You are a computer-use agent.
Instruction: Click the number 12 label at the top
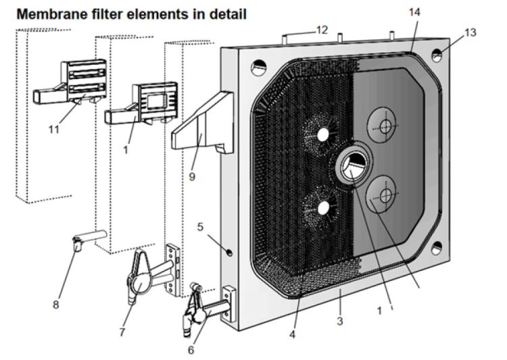click(322, 30)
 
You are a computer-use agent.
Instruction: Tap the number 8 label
click(55, 305)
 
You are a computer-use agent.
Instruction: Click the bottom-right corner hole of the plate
click(437, 248)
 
